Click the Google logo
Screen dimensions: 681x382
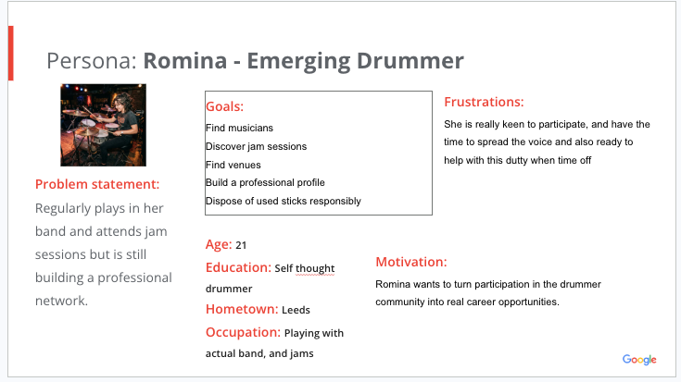pos(639,360)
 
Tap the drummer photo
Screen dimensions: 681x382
pos(104,125)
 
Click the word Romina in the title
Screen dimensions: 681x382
pos(185,60)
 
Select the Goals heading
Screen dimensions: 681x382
pos(224,106)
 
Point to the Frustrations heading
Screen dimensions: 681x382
pos(484,102)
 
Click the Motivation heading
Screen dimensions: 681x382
pos(411,262)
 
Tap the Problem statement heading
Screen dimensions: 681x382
pos(97,184)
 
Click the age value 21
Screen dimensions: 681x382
pos(241,245)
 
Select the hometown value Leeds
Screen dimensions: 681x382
pos(296,310)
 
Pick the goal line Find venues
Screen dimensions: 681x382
pos(233,165)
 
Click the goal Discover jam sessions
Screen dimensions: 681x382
pos(257,146)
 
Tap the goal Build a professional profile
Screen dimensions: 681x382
pos(265,182)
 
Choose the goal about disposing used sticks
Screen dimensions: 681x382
pos(284,202)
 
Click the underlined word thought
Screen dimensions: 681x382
pos(315,269)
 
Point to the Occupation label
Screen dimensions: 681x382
pos(243,333)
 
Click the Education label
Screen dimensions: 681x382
pos(238,267)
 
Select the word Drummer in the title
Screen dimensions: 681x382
pos(410,60)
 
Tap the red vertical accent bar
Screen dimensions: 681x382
pos(11,54)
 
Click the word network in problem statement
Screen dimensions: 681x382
pos(61,301)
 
